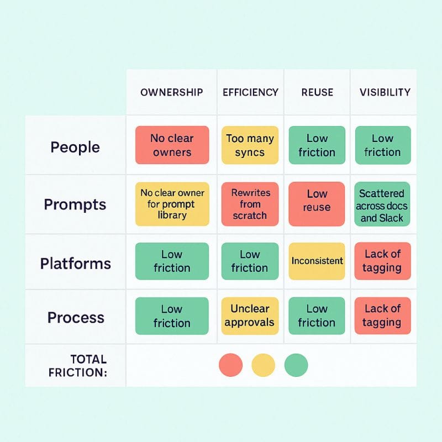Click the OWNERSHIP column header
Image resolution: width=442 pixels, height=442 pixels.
click(172, 92)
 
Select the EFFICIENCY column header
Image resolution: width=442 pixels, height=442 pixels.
click(251, 92)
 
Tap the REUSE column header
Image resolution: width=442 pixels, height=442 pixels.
click(317, 92)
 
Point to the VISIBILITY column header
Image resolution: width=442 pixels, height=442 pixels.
click(385, 92)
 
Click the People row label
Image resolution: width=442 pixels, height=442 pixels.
click(75, 147)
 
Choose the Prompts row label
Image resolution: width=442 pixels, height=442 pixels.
click(75, 204)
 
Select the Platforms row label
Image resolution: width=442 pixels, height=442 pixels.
click(76, 264)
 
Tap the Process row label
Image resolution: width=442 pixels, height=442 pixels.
click(76, 317)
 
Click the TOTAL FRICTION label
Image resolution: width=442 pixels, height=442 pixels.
click(78, 366)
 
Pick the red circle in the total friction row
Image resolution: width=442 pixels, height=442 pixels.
click(230, 365)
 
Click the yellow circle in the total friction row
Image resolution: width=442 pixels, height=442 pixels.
click(264, 365)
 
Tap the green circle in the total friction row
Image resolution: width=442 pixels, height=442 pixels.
click(296, 365)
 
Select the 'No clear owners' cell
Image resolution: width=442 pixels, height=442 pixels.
click(172, 145)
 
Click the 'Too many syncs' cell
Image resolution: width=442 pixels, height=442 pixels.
click(250, 145)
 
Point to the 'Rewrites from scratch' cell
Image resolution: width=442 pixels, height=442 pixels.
click(250, 204)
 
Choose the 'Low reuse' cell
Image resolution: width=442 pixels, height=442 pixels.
click(317, 204)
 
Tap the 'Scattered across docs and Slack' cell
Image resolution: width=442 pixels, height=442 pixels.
click(382, 204)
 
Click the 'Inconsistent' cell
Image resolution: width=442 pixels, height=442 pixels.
click(317, 261)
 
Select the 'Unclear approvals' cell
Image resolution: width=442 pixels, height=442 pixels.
click(250, 315)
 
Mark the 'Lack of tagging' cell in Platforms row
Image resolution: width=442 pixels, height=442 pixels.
click(383, 261)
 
